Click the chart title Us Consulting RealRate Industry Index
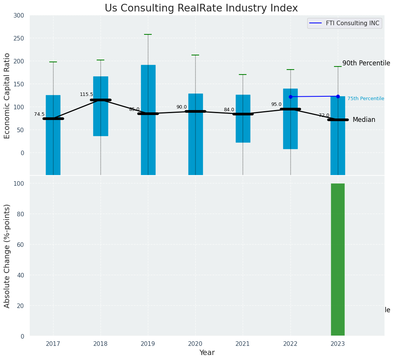tap(201, 8)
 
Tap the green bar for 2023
tap(337, 259)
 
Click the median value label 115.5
tap(86, 94)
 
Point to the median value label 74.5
tap(39, 114)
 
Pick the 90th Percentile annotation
tap(366, 63)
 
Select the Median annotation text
tap(364, 120)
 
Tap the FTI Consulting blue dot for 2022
tap(290, 97)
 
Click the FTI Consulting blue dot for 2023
tap(338, 96)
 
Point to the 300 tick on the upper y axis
tap(19, 16)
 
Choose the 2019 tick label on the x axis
tap(148, 344)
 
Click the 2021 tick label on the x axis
tap(243, 344)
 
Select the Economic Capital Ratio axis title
tap(7, 95)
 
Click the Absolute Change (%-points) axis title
tap(7, 256)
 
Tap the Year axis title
tap(207, 353)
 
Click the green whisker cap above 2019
tap(148, 34)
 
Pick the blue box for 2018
tap(101, 106)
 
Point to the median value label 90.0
tap(182, 107)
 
